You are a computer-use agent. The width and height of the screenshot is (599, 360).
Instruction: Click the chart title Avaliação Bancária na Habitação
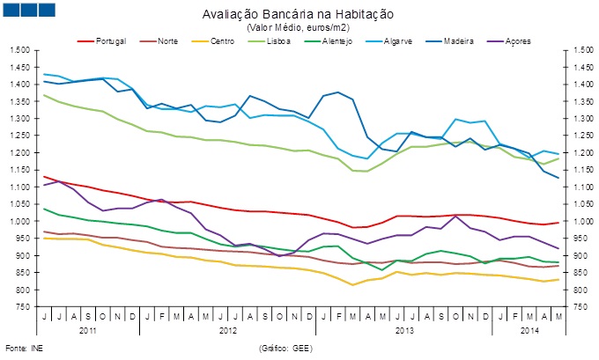(298, 15)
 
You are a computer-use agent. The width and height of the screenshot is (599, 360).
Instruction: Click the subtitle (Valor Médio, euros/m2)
(298, 27)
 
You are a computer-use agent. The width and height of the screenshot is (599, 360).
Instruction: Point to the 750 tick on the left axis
(23, 307)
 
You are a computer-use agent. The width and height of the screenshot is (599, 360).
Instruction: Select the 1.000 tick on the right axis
(577, 222)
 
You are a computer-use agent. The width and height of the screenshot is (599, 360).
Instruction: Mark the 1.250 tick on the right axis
(577, 136)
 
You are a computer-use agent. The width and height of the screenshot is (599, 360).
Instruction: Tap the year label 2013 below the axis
(404, 331)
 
